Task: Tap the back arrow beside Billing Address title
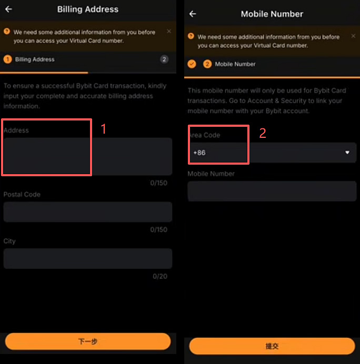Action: (x=8, y=9)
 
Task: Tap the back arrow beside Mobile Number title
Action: (x=193, y=14)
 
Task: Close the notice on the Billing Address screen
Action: (x=169, y=31)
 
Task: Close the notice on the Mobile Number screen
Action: (x=353, y=36)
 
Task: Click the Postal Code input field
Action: (x=88, y=211)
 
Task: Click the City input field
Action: (x=88, y=258)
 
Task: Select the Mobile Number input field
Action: (x=272, y=191)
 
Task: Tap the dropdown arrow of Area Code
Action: (x=347, y=153)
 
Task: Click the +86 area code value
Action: (x=199, y=153)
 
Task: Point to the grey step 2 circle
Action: (x=164, y=59)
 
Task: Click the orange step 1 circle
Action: (x=8, y=59)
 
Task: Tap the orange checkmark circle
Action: (x=192, y=64)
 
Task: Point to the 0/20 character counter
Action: (x=160, y=276)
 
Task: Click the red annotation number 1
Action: (x=104, y=129)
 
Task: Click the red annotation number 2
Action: (x=263, y=133)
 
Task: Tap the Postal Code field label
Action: (x=22, y=195)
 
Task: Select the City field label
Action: (x=9, y=241)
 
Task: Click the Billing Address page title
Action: (x=88, y=9)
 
